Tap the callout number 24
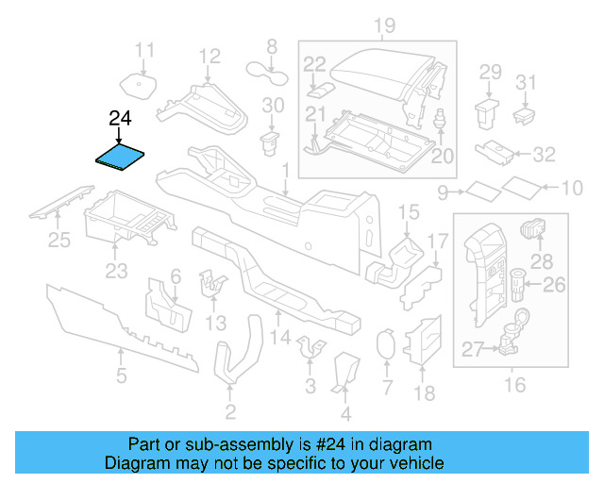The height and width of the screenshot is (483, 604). click(121, 119)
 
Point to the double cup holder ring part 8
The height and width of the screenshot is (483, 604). click(268, 68)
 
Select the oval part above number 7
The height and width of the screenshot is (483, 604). click(385, 344)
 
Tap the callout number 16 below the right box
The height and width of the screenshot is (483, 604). click(515, 384)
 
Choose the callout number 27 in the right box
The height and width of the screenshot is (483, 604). click(473, 350)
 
